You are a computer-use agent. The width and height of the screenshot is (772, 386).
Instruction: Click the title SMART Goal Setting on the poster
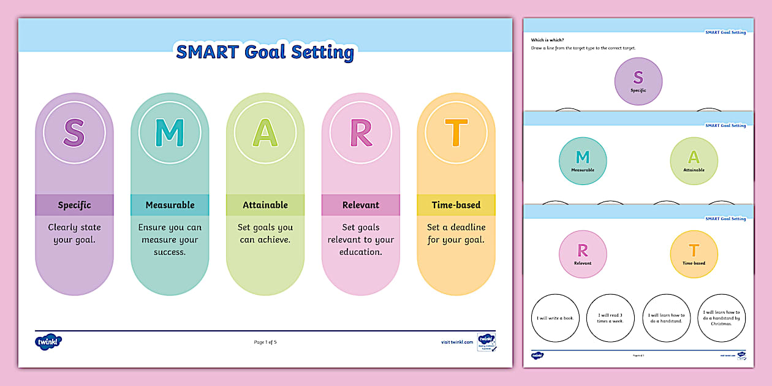(x=265, y=52)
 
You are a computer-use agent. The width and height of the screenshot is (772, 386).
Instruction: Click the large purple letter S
(x=74, y=132)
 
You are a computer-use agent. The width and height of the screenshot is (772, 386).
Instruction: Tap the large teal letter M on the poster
(x=170, y=132)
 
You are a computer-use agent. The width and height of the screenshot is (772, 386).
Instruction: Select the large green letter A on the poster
(x=265, y=132)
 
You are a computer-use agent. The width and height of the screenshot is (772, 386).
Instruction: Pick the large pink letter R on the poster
(x=361, y=132)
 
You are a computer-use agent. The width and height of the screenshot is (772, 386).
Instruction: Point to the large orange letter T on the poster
(x=456, y=132)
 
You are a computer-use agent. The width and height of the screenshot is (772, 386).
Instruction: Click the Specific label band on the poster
(x=74, y=205)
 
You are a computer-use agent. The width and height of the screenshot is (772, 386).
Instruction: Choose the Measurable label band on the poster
(x=170, y=205)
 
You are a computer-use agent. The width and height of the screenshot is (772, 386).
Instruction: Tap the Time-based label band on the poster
(x=456, y=205)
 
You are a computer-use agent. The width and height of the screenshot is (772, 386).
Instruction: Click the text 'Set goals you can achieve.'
(x=265, y=233)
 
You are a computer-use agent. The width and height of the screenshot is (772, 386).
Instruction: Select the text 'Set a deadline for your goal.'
(x=456, y=233)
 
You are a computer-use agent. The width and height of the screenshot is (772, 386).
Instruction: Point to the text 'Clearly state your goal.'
(x=74, y=233)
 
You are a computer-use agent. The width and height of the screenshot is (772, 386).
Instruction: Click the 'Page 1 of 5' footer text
(x=265, y=342)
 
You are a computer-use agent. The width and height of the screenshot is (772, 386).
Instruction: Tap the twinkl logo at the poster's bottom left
(x=48, y=342)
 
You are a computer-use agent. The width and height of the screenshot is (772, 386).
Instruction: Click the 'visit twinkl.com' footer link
(x=456, y=342)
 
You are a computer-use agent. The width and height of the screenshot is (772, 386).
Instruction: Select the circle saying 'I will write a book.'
(x=555, y=317)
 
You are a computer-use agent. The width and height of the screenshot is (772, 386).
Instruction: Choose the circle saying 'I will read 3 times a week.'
(x=610, y=317)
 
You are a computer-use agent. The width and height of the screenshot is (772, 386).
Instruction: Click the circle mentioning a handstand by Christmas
(x=722, y=317)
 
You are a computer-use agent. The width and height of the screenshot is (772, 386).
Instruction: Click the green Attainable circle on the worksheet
(x=694, y=161)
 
